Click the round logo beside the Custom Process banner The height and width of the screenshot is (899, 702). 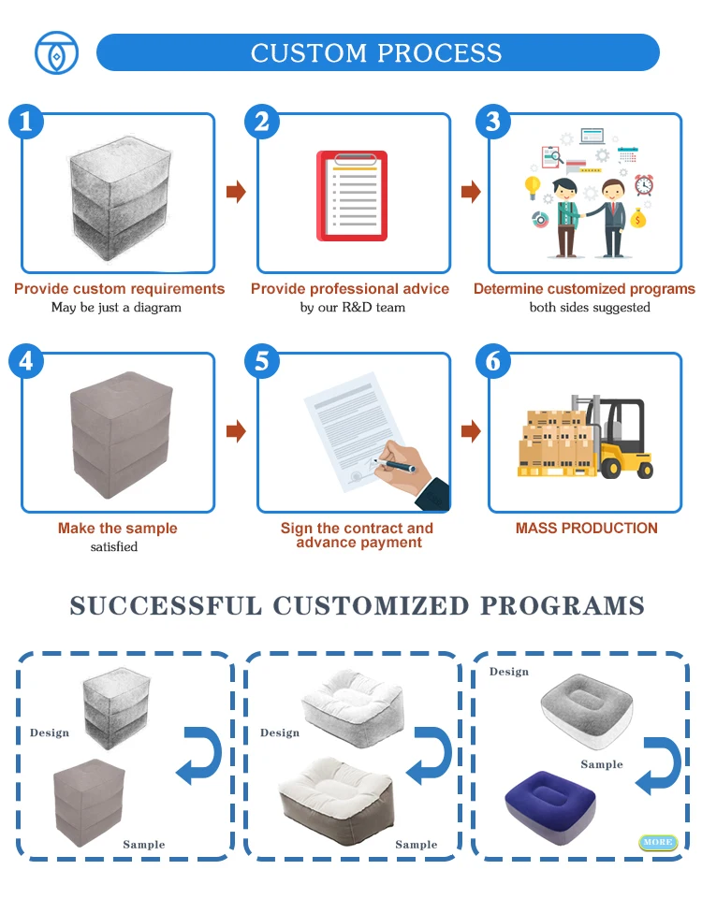pyautogui.click(x=55, y=52)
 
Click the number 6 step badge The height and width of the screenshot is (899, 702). pyautogui.click(x=493, y=361)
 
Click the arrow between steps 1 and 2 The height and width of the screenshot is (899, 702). pyautogui.click(x=236, y=192)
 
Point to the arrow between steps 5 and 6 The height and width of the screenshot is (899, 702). pyautogui.click(x=471, y=431)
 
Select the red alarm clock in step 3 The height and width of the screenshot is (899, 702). pyautogui.click(x=643, y=184)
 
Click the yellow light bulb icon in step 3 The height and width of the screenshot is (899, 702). pyautogui.click(x=533, y=185)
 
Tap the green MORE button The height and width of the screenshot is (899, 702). pyautogui.click(x=657, y=842)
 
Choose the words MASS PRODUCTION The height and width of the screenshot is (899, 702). pyautogui.click(x=586, y=528)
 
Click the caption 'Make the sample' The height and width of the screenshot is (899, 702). pyautogui.click(x=117, y=529)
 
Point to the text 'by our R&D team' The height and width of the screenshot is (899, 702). pyautogui.click(x=352, y=307)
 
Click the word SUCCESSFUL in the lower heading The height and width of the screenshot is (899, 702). pyautogui.click(x=166, y=605)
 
